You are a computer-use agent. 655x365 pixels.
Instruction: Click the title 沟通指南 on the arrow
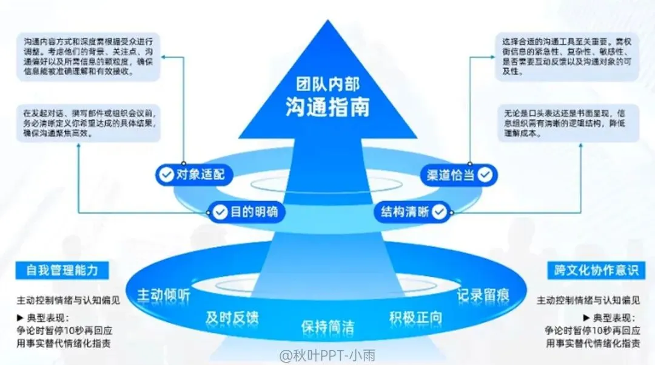327,107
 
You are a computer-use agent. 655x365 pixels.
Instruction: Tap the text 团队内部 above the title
327,84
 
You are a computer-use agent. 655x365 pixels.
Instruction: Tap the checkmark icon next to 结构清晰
439,212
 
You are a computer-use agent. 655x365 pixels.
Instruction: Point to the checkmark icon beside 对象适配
165,175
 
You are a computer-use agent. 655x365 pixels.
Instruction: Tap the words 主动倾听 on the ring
164,295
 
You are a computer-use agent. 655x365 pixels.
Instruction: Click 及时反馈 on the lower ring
232,317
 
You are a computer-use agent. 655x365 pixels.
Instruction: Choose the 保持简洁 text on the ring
327,326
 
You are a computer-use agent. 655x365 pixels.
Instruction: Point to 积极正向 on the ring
415,317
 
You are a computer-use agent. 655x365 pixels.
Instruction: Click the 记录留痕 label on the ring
483,295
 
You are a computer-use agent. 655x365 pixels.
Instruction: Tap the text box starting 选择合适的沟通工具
565,57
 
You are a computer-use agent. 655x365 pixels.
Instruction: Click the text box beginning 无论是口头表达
565,123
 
